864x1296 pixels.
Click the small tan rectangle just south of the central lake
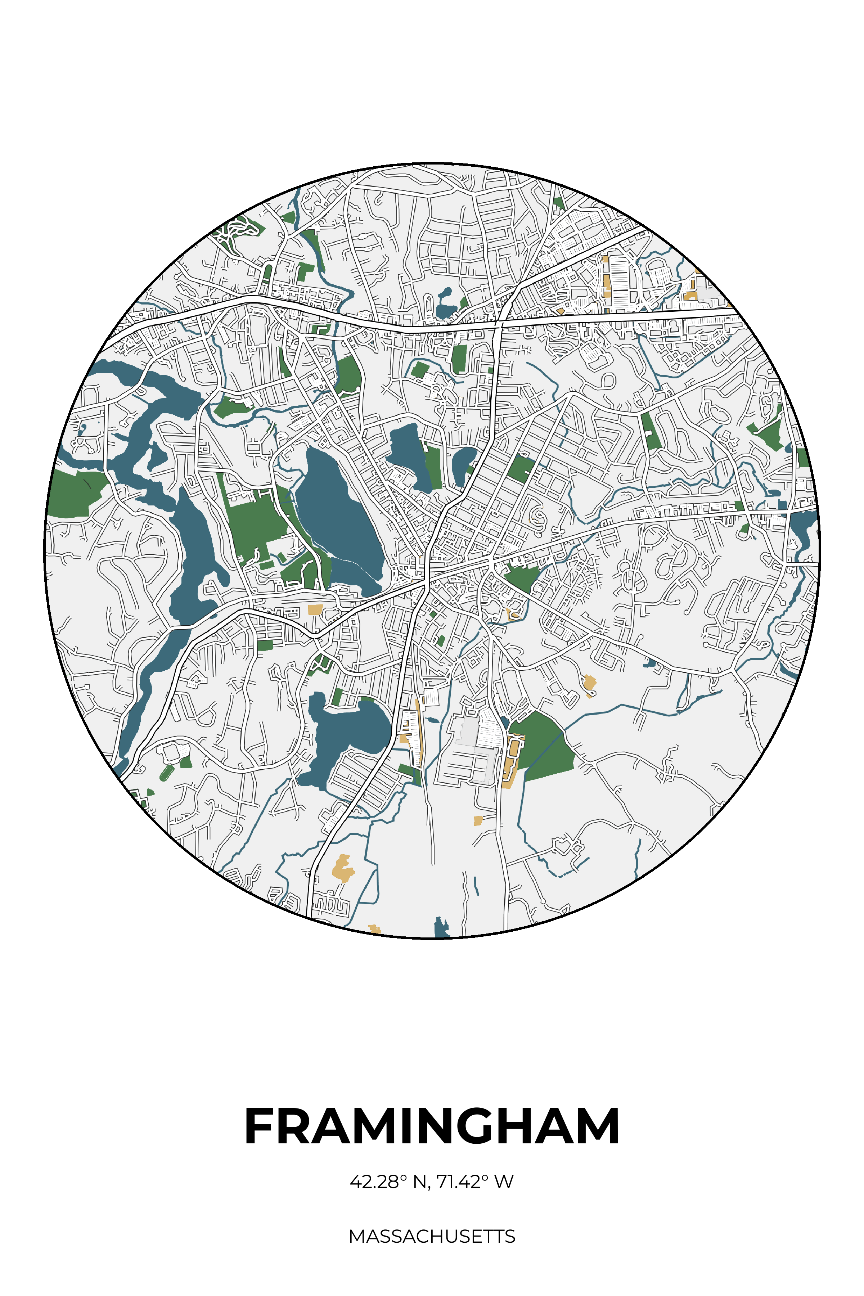point(315,609)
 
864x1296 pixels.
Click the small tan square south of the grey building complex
point(478,820)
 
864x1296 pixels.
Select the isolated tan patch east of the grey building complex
point(589,684)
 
